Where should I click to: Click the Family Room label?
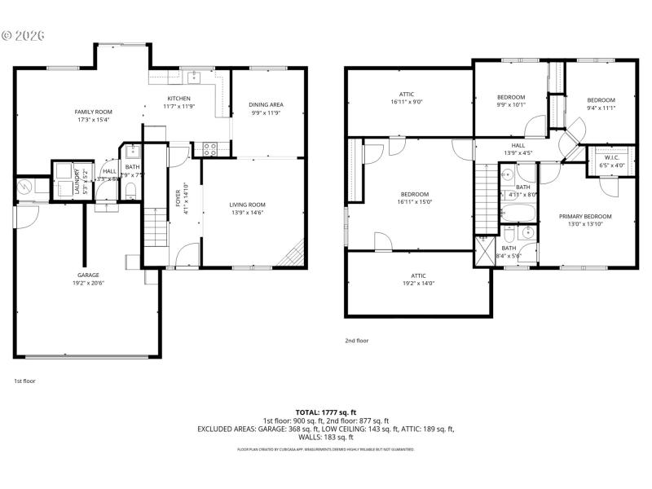pyautogui.click(x=93, y=112)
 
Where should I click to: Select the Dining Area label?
pyautogui.click(x=266, y=105)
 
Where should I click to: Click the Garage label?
pyautogui.click(x=88, y=275)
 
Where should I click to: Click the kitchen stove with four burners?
pyautogui.click(x=208, y=149)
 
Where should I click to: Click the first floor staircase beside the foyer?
pyautogui.click(x=154, y=227)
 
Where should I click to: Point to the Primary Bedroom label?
pyautogui.click(x=584, y=216)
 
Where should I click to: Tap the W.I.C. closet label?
pyautogui.click(x=611, y=157)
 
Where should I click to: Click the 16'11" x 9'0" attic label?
pyautogui.click(x=406, y=98)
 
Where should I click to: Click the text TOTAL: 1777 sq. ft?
pyautogui.click(x=326, y=412)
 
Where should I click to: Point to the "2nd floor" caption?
pyautogui.click(x=358, y=341)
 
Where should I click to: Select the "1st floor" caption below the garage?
pyautogui.click(x=25, y=381)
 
